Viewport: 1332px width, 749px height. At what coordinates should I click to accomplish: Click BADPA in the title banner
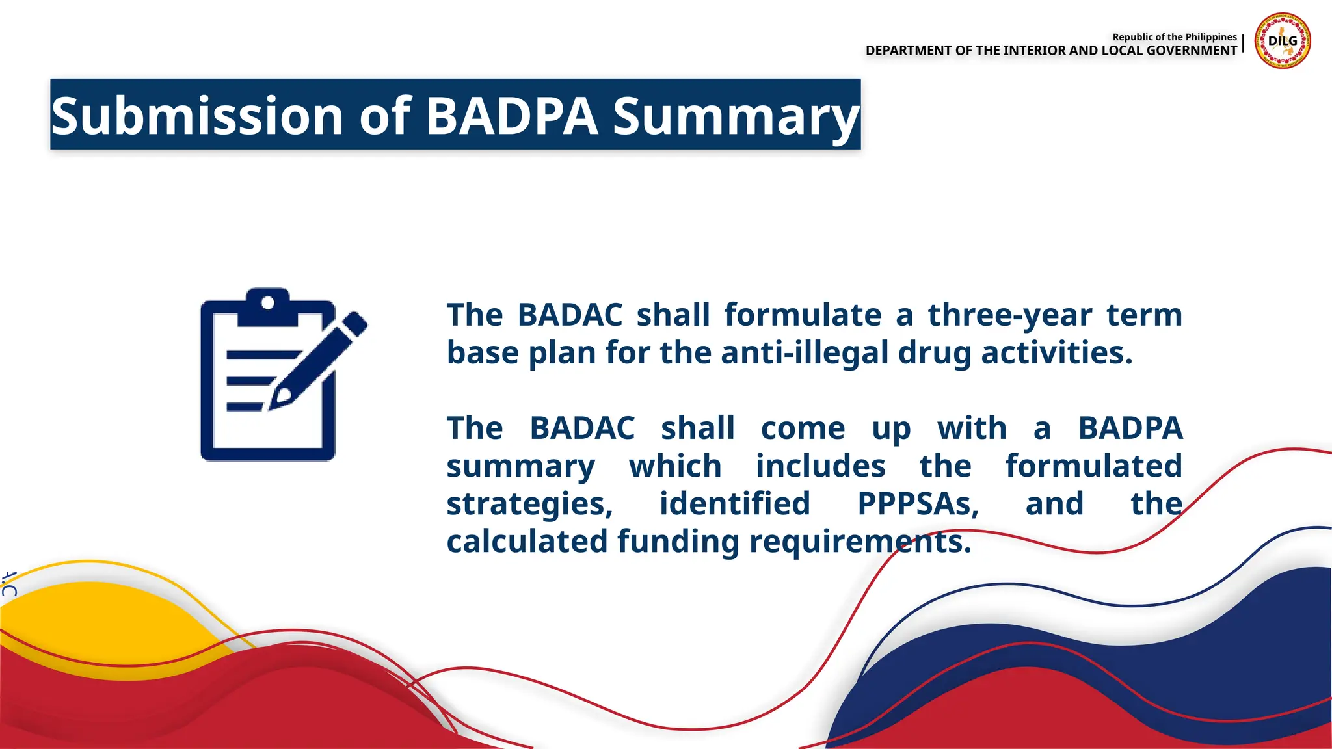511,116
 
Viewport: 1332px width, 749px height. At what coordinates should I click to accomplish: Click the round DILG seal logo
1283,41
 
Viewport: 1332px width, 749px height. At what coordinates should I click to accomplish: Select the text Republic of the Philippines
1174,37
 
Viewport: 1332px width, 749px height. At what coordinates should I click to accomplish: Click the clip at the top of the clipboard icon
267,306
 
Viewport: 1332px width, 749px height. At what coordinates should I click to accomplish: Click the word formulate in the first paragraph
803,315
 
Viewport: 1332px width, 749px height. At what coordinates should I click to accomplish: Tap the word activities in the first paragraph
1056,353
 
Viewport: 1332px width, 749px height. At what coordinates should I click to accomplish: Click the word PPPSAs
918,504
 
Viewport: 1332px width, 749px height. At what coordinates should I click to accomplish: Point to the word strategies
529,505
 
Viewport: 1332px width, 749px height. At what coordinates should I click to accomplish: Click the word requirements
860,542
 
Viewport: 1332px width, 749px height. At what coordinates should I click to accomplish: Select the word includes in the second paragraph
820,466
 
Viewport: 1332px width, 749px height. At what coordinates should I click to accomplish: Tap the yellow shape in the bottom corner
98,618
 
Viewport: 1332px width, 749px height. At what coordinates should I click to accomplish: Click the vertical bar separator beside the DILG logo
1243,44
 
